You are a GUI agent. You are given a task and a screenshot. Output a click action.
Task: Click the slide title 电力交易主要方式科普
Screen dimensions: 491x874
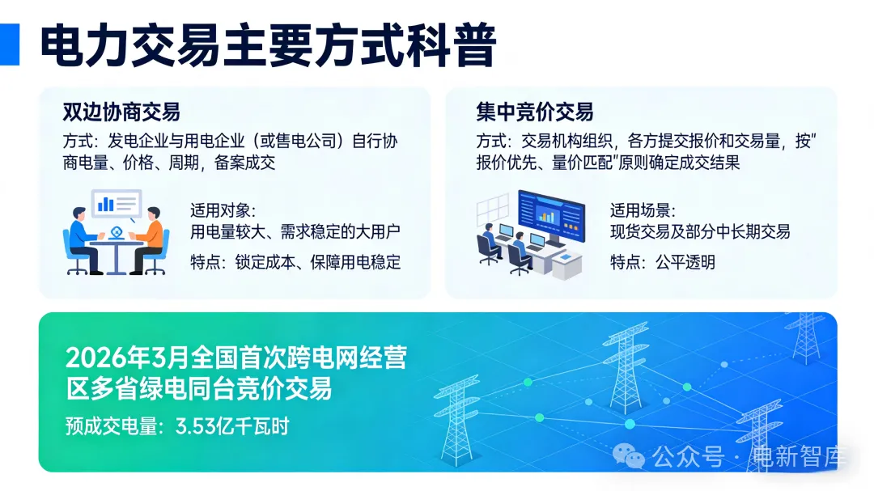[x=267, y=46]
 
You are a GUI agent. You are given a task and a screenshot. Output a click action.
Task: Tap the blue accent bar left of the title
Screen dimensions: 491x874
[x=9, y=44]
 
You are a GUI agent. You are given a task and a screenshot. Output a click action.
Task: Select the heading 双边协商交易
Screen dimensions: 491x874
[x=121, y=112]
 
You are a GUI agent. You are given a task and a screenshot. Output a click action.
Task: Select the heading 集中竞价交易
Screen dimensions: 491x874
[x=535, y=112]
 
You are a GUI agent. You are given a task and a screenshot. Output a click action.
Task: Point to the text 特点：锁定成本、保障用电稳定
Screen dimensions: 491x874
[x=295, y=262]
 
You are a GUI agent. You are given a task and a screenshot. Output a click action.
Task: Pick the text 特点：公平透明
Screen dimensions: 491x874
[x=662, y=262]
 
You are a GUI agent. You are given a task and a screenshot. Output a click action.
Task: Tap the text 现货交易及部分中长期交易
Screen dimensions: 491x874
[x=699, y=232]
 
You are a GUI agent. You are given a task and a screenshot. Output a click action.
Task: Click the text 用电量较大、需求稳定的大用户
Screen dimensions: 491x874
[x=295, y=232]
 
